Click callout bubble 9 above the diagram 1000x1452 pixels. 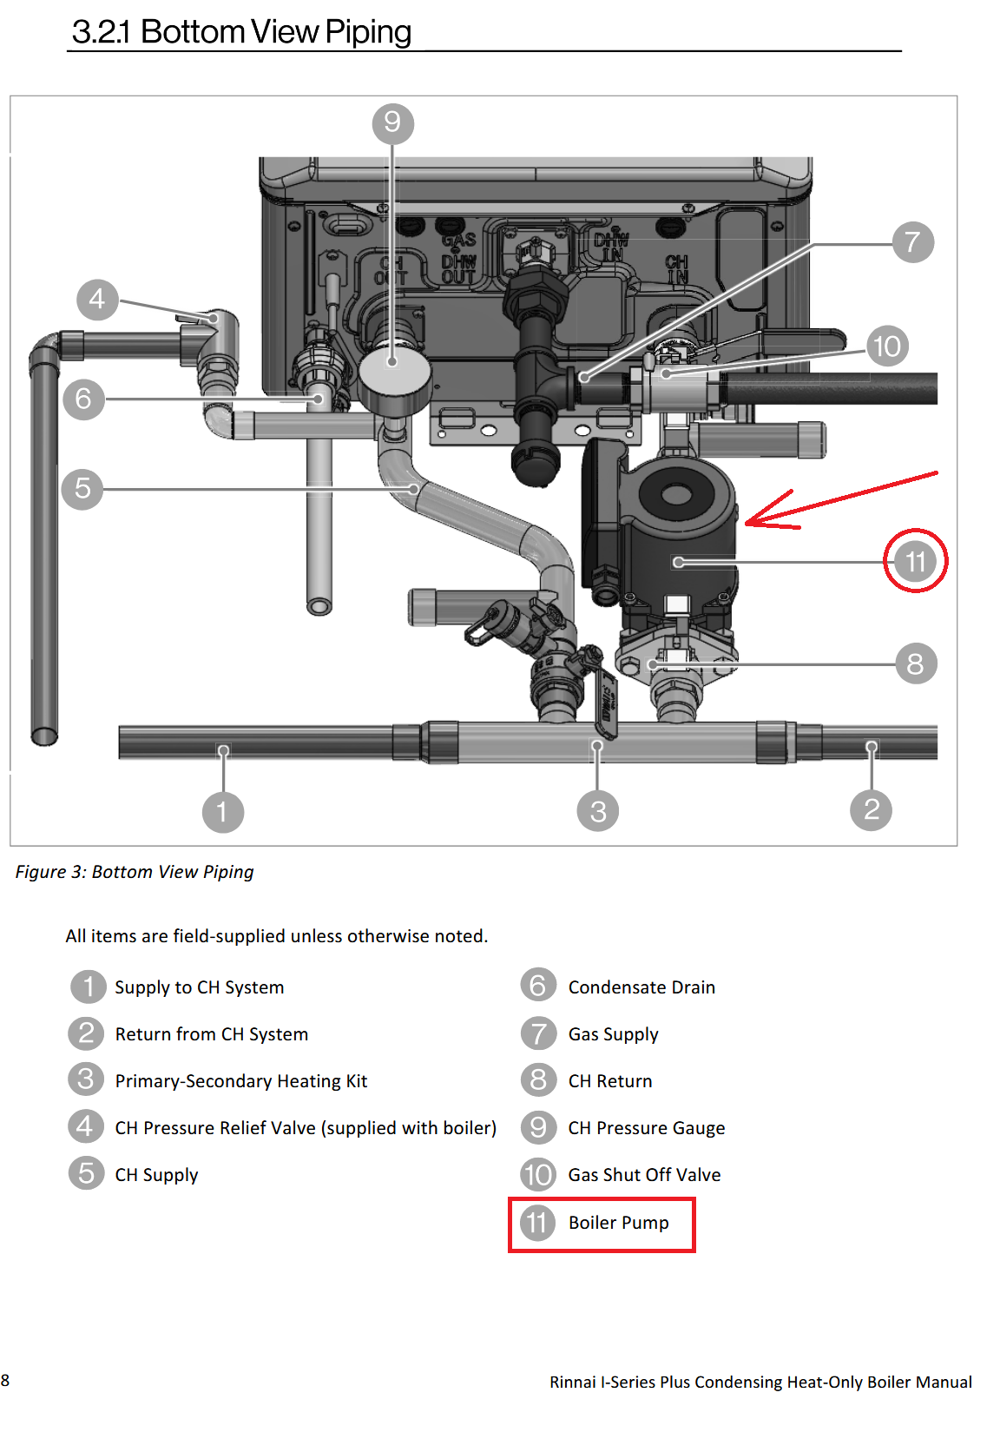[392, 123]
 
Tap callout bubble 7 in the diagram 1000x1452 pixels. [912, 242]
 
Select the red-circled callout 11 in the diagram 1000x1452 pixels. [915, 561]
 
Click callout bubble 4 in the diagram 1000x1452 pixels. [97, 300]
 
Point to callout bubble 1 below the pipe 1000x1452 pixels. [222, 812]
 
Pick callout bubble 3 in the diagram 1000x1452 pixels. [597, 811]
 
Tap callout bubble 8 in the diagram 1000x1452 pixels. [916, 663]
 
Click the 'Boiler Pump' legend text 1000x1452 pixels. [618, 1223]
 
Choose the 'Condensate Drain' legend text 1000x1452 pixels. [641, 987]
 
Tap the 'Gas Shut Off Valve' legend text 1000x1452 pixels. [644, 1175]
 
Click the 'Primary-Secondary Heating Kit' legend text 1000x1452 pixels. [241, 1081]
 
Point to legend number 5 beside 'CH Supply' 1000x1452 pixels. [86, 1173]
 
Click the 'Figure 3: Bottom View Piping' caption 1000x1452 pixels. [135, 872]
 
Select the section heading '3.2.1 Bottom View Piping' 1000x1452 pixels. [241, 32]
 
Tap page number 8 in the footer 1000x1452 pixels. [5, 1380]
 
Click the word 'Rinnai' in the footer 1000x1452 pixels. [572, 1382]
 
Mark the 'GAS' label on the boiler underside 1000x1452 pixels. [458, 240]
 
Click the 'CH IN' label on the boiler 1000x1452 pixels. [676, 269]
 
